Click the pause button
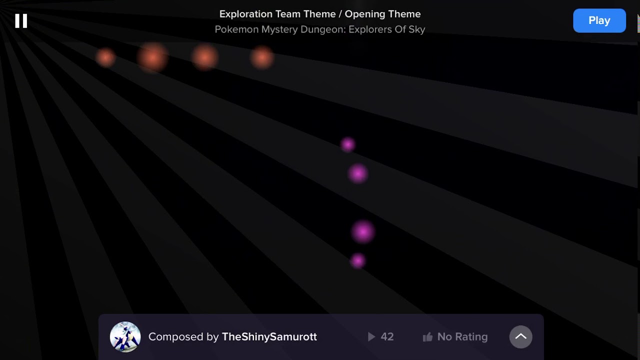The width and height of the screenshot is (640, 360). [21, 20]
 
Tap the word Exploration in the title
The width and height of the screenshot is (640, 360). [245, 14]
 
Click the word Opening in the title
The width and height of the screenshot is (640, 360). [364, 14]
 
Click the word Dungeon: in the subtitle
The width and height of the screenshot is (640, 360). [322, 29]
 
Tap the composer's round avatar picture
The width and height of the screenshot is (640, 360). [125, 336]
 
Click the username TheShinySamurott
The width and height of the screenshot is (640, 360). [269, 337]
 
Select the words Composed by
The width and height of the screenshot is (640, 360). [183, 337]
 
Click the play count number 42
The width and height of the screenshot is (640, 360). [387, 337]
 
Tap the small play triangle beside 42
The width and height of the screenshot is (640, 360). [371, 337]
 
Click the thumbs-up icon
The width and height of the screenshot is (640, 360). [427, 337]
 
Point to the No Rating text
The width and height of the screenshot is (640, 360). [462, 337]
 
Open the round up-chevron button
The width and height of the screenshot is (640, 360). [520, 336]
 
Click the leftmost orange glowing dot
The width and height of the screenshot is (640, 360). [105, 57]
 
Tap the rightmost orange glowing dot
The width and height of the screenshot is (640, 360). [262, 57]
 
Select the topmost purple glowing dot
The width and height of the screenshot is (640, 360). [347, 144]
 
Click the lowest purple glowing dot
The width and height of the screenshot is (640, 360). [357, 260]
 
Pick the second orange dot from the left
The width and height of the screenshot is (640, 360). [152, 57]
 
